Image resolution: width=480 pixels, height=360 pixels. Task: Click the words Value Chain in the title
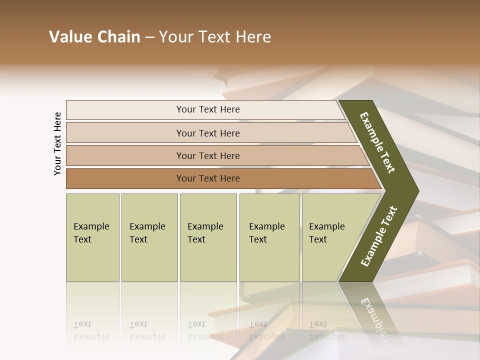(94, 37)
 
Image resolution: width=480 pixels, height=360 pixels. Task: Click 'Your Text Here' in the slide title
(215, 37)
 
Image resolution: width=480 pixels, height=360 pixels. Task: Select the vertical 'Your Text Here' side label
(57, 144)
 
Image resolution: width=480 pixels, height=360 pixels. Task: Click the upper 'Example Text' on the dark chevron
(377, 142)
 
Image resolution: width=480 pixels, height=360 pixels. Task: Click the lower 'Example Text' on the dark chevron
(378, 236)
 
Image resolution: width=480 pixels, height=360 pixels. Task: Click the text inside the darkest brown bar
(208, 178)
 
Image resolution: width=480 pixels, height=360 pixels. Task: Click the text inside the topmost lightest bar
(208, 109)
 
